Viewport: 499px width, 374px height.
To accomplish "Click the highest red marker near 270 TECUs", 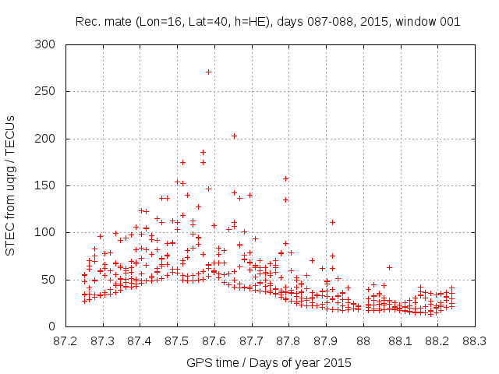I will (208, 72).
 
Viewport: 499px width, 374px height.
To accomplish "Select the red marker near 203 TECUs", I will (234, 136).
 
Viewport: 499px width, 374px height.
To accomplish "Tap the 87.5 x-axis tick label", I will (177, 340).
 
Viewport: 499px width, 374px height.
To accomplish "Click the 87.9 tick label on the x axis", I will (326, 340).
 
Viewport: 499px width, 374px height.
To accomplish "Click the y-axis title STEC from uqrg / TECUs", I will (10, 185).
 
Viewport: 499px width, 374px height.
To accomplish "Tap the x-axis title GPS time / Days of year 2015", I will (269, 362).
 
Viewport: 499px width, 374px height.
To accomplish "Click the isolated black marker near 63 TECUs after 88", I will (389, 267).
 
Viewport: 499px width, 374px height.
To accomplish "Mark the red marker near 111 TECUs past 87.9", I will (332, 222).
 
